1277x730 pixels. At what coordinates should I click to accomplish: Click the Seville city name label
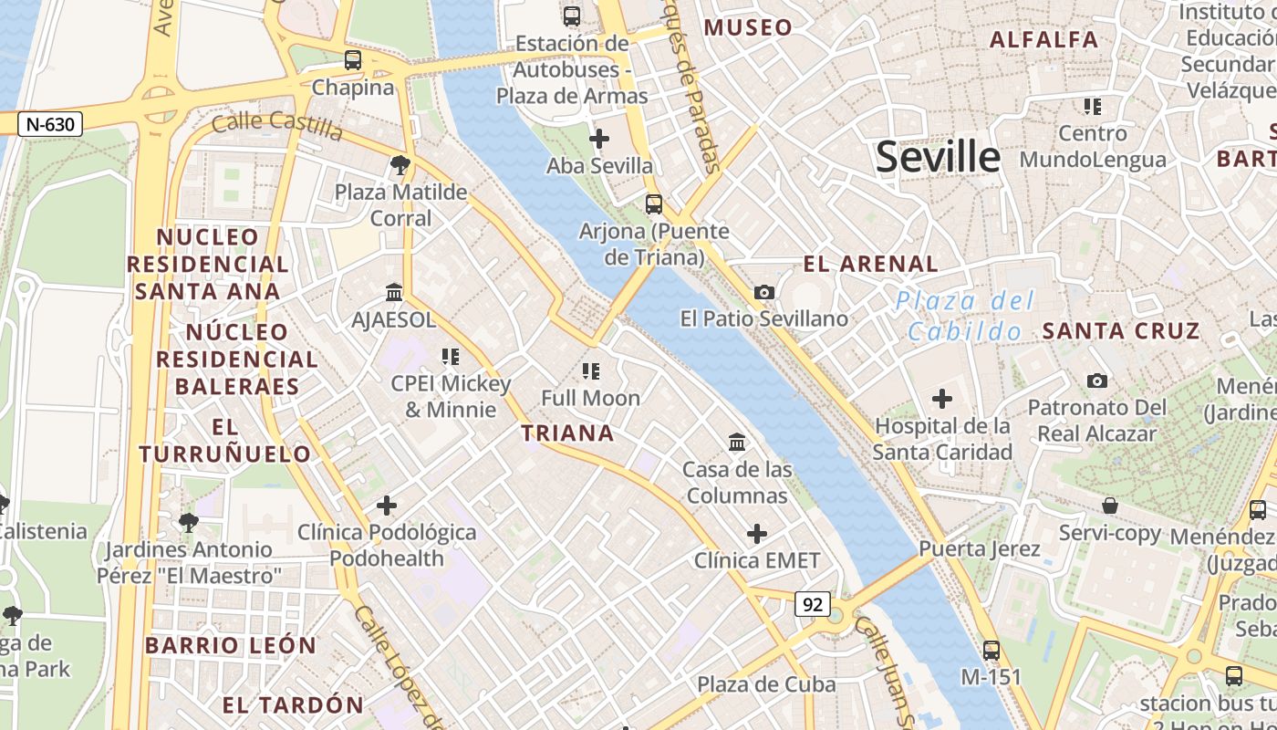[x=938, y=157]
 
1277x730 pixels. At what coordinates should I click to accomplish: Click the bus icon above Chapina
[x=353, y=60]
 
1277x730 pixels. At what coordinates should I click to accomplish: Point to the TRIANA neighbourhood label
[x=567, y=433]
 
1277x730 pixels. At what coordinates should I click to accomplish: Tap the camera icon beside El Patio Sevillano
[x=764, y=292]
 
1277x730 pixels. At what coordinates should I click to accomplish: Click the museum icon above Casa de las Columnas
[x=737, y=443]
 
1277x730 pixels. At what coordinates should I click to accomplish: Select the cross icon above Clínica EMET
[x=757, y=534]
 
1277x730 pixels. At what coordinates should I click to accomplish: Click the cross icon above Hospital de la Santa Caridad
[x=942, y=399]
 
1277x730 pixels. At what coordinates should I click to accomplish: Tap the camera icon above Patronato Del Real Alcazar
[x=1096, y=381]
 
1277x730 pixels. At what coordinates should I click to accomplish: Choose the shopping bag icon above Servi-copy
[x=1110, y=506]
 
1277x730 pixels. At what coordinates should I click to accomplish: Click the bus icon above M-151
[x=991, y=651]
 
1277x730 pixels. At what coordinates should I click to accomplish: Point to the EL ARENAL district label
[x=870, y=265]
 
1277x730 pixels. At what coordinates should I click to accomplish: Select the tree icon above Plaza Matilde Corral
[x=400, y=165]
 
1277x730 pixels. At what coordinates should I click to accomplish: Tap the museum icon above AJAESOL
[x=394, y=293]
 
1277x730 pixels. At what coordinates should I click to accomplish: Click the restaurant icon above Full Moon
[x=591, y=371]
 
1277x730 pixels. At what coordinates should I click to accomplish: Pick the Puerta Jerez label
[x=980, y=548]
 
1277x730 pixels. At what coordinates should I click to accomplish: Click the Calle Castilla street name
[x=276, y=126]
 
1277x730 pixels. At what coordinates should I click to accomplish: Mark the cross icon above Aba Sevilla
[x=599, y=139]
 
